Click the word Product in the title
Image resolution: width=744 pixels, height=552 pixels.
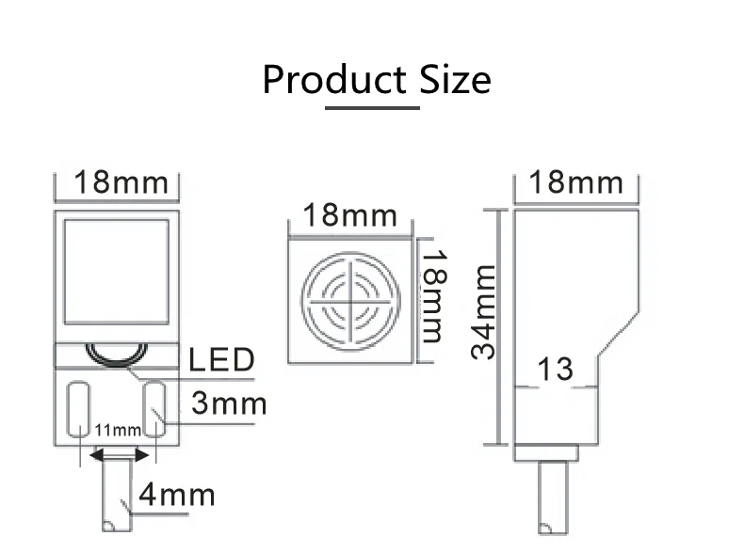333,80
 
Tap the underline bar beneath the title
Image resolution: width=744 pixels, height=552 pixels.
372,107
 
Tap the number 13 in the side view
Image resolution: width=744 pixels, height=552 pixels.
555,370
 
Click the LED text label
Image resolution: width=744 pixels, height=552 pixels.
222,359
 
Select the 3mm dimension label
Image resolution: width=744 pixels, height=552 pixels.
229,403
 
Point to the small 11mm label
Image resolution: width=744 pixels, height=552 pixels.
117,431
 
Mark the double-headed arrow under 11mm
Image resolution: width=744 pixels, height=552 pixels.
118,454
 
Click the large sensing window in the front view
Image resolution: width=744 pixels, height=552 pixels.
116,268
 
